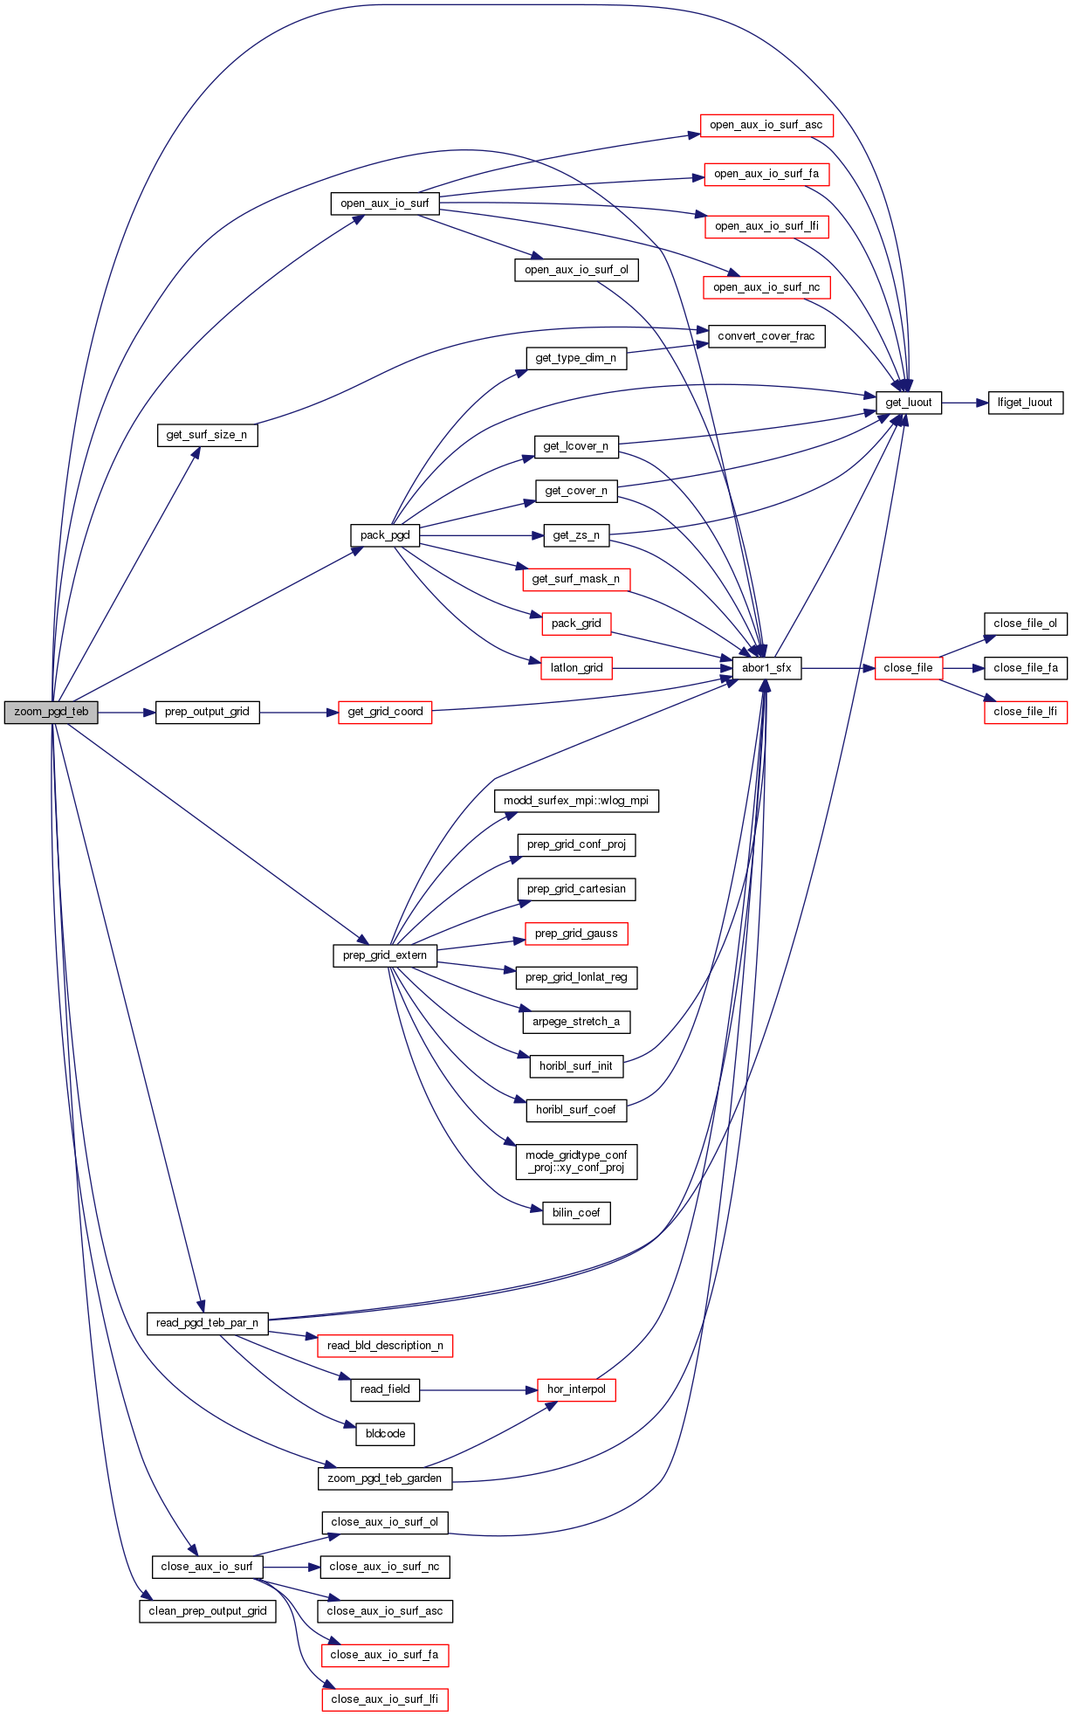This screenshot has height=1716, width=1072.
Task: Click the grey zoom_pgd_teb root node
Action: (x=51, y=712)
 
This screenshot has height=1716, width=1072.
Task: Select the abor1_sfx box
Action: (x=766, y=668)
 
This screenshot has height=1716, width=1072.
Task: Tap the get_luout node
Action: (x=908, y=403)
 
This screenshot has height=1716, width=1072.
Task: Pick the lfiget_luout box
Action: (x=1025, y=403)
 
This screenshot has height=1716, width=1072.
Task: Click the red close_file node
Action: (x=908, y=668)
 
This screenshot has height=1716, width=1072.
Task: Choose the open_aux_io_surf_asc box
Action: (x=766, y=125)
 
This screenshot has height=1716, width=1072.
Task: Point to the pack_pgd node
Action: (x=385, y=535)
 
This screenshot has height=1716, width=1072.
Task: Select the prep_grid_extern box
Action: (x=385, y=955)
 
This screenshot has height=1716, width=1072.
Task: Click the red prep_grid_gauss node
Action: (x=576, y=934)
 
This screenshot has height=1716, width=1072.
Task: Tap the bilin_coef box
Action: (x=576, y=1213)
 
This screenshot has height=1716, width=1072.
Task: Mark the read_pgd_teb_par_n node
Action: (x=207, y=1323)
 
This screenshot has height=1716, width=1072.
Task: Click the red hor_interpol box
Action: (x=576, y=1389)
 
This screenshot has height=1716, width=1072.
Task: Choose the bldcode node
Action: (x=385, y=1434)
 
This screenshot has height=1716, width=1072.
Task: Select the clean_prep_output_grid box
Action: (x=207, y=1611)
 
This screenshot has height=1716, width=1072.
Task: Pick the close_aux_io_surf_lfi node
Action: (x=384, y=1699)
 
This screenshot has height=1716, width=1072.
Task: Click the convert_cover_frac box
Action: (x=766, y=336)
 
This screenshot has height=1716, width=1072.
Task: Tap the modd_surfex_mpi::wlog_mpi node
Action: (x=576, y=801)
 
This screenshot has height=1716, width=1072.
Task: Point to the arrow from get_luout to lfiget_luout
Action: (x=965, y=403)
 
